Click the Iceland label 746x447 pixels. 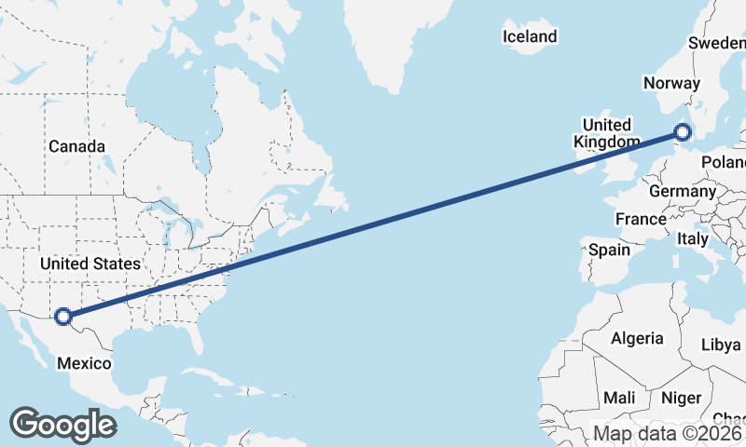[529, 37]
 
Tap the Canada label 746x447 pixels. [76, 146]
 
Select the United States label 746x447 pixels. [90, 264]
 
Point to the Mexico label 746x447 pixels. [85, 363]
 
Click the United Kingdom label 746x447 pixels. [606, 133]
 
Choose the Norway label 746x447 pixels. [671, 83]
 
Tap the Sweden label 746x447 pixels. [716, 43]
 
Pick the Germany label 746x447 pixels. [682, 191]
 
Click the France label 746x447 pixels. [641, 220]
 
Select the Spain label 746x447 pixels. [609, 250]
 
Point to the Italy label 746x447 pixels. [693, 239]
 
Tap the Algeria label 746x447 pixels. [637, 339]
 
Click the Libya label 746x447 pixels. [720, 345]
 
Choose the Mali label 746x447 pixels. [618, 398]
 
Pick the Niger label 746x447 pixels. [681, 398]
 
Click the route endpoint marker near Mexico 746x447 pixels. [63, 317]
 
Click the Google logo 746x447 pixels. [62, 425]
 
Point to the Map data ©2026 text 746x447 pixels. [668, 434]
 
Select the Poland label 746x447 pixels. [725, 162]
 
